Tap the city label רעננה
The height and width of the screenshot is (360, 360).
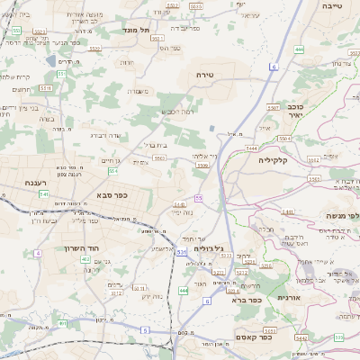coord(35,183)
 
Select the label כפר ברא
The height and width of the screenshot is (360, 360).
coord(247,300)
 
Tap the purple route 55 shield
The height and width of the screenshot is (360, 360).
coord(198,197)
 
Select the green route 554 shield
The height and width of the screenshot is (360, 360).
coord(112,170)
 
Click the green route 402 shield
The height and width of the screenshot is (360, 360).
coord(85,259)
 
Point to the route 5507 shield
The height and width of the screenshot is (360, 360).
coord(284,139)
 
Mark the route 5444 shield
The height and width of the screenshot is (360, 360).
coord(251,148)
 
